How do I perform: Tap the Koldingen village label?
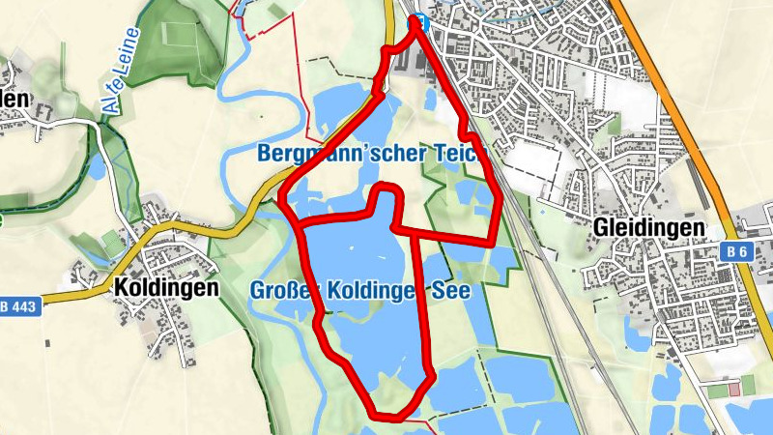point(165,287)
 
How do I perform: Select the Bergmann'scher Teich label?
point(368,154)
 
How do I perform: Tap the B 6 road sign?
point(738,251)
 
